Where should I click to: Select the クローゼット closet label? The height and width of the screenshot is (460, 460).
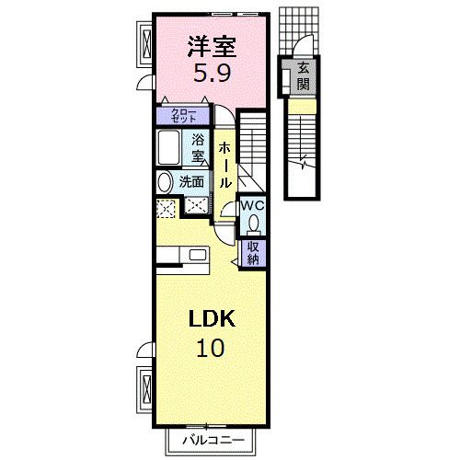click(x=184, y=116)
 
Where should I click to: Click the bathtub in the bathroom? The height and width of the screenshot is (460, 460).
click(x=168, y=147)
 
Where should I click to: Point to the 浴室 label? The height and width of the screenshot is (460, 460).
click(x=197, y=147)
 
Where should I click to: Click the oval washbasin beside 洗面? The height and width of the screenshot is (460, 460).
click(x=165, y=181)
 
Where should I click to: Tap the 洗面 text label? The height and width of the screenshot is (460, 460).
click(x=191, y=181)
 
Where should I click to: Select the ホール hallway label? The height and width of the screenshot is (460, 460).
click(x=224, y=163)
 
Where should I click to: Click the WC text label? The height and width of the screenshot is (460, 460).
click(x=253, y=205)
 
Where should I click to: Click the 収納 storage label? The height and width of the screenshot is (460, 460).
click(x=253, y=251)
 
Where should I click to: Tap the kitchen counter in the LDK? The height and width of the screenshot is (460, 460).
click(x=184, y=257)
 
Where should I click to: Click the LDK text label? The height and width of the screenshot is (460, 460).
click(x=213, y=319)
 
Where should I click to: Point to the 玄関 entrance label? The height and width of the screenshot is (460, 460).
click(x=303, y=77)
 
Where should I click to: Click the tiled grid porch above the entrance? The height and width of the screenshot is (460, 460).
click(x=300, y=31)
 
